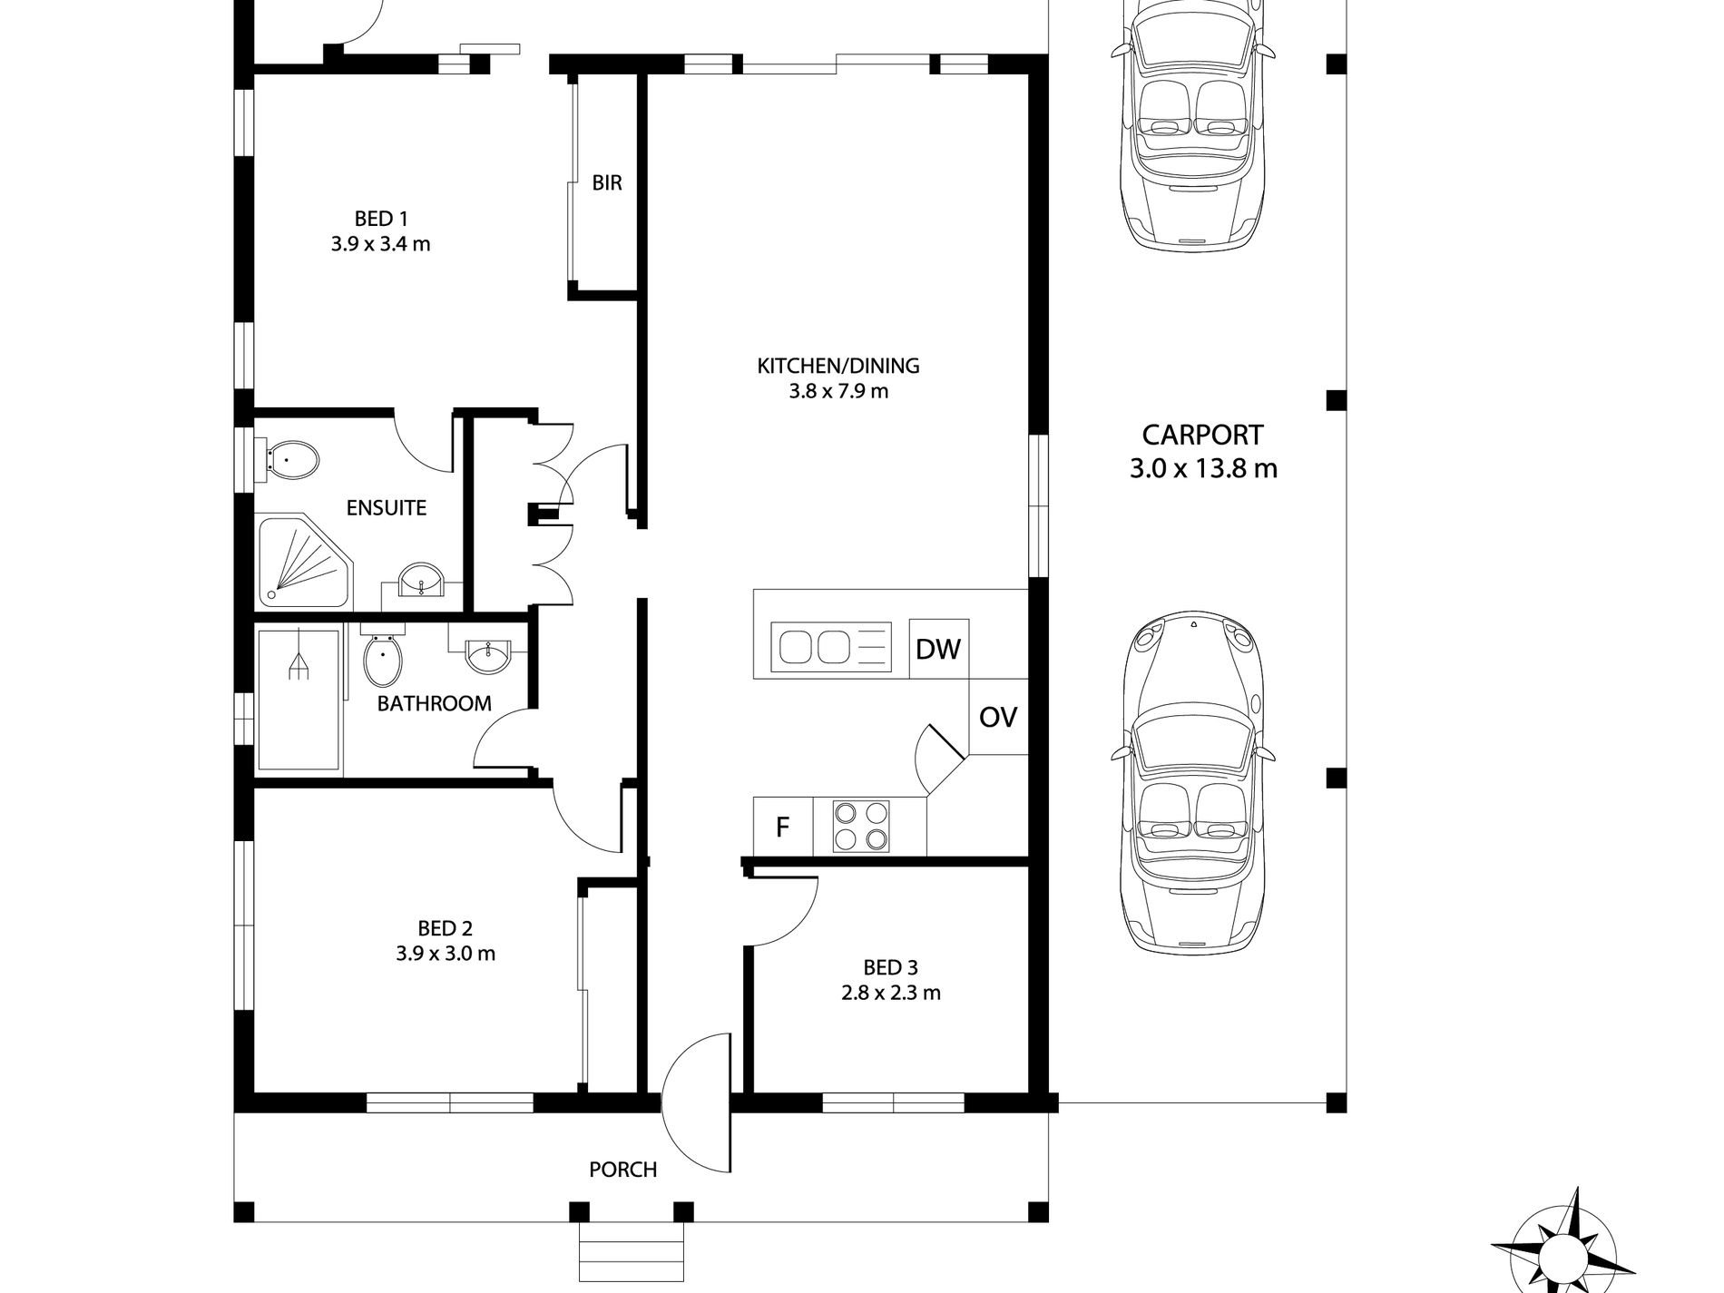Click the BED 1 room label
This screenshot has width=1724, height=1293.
tap(381, 219)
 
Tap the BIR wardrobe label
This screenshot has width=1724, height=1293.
tap(607, 183)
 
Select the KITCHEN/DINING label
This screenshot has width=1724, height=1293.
tap(838, 366)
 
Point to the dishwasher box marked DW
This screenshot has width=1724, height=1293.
tap(939, 649)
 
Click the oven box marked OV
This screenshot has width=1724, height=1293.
tap(998, 717)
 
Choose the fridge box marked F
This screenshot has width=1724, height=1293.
tap(783, 827)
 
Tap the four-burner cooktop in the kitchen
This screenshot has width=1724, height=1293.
tap(861, 827)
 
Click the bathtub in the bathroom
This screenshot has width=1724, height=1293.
tap(299, 701)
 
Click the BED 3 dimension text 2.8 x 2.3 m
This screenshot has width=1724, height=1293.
tap(890, 993)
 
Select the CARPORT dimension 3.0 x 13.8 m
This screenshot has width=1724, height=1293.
tap(1203, 469)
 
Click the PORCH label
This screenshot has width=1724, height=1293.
tap(623, 1170)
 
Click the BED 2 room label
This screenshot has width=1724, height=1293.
tap(445, 928)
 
